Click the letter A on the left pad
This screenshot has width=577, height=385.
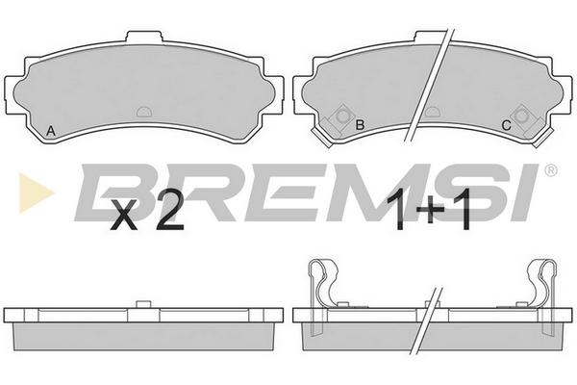tap(50, 131)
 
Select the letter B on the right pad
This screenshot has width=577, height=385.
tap(360, 125)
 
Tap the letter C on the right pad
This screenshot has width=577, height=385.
tap(507, 126)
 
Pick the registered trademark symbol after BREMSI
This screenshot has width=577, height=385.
tap(550, 169)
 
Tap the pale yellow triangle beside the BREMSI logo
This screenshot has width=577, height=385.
tap(36, 192)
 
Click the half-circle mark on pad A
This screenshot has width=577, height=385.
tap(144, 112)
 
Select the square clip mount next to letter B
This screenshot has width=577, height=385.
tap(341, 116)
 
